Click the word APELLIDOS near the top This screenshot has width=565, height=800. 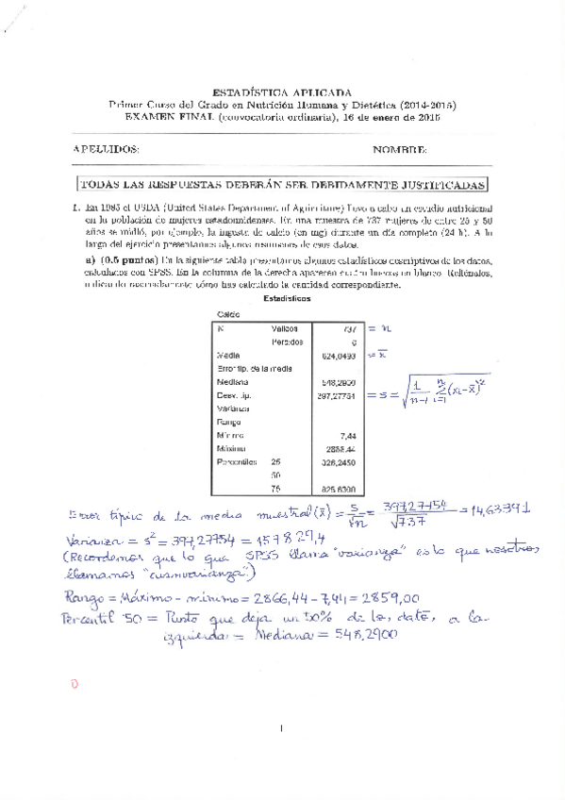click(107, 150)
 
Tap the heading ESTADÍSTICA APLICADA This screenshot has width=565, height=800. click(282, 82)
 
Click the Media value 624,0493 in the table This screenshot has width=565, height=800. click(338, 356)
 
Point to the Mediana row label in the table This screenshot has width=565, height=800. click(232, 383)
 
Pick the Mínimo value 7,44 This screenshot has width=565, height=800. click(346, 436)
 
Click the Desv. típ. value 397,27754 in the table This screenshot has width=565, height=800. click(335, 396)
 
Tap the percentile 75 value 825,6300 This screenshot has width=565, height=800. click(338, 489)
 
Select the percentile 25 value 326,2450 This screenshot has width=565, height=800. click(338, 462)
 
